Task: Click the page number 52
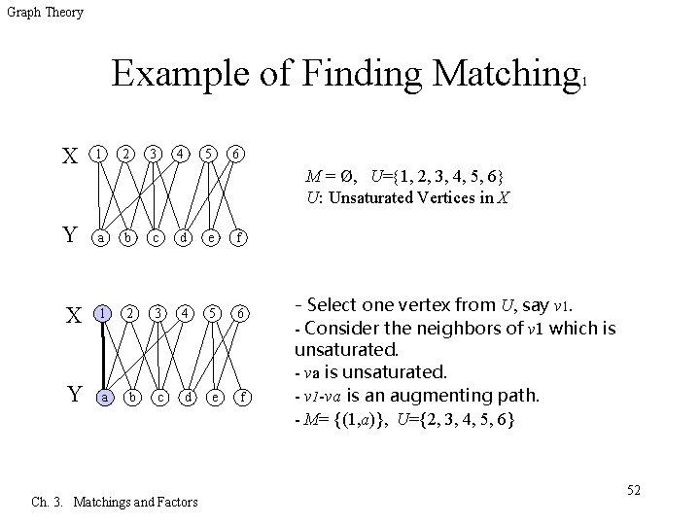tap(633, 489)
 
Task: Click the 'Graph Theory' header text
tap(45, 13)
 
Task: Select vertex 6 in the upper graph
tap(233, 155)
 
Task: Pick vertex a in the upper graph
tap(98, 237)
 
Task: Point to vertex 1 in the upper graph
tap(98, 155)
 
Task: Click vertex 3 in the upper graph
tap(154, 155)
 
